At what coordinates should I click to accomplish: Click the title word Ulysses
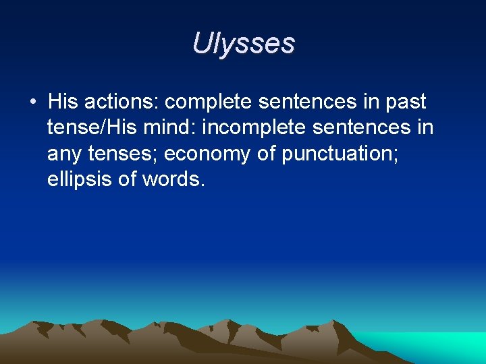pos(243,44)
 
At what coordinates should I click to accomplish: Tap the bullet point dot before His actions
pos(32,102)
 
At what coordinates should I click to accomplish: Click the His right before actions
pos(63,102)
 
